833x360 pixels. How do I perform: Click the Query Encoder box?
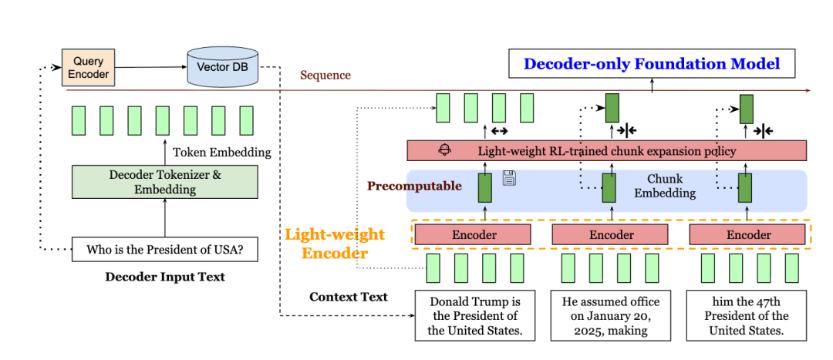point(88,68)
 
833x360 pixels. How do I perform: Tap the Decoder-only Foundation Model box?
point(652,64)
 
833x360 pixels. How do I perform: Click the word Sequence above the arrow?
point(325,76)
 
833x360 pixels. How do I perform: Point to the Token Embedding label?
point(222,152)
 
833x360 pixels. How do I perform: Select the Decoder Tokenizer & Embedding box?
point(166,182)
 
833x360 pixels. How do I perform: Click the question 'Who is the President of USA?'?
point(165,249)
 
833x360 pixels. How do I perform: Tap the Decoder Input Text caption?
point(165,277)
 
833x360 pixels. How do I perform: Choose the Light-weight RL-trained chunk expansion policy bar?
point(606,151)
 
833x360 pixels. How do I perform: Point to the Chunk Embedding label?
point(664,186)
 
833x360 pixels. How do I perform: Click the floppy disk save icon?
point(509,178)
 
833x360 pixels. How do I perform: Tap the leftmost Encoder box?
point(474,234)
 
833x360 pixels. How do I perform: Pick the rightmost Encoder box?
point(748,234)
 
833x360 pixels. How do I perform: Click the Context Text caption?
point(349,297)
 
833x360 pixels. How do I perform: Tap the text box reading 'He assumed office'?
point(610,316)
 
